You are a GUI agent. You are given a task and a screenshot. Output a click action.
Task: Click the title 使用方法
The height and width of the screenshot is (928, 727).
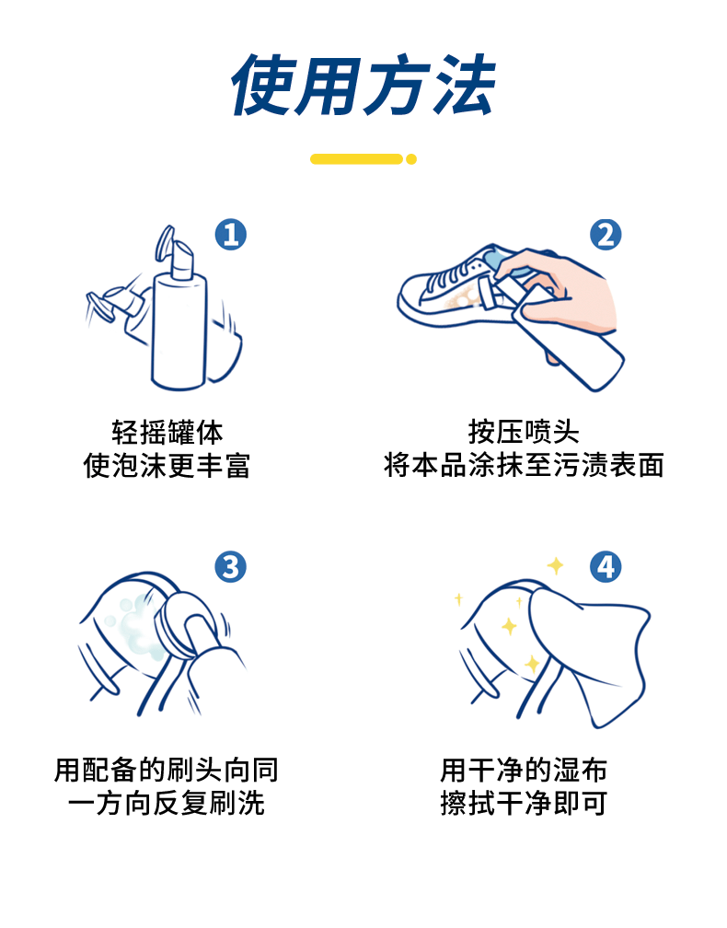coord(363,85)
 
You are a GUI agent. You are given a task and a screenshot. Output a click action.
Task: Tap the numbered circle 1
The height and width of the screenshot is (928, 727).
coord(230,235)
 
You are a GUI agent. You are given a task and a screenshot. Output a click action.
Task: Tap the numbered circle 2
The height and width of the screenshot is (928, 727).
coord(606,235)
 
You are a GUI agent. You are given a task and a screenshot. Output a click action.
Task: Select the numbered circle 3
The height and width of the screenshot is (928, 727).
coord(230,567)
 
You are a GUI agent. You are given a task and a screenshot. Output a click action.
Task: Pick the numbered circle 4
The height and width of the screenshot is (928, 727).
coord(606,567)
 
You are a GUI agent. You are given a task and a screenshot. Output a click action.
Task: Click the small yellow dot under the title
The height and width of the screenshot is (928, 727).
coord(411,159)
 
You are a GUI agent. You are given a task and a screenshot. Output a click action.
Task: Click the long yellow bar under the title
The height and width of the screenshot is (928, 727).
coord(356,159)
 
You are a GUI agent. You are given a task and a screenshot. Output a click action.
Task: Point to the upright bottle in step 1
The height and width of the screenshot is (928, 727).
coord(179,319)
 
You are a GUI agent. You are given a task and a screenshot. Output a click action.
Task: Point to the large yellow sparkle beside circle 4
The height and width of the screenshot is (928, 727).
coord(555,566)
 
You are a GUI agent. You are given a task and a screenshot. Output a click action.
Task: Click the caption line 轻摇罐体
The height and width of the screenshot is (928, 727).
coord(167,433)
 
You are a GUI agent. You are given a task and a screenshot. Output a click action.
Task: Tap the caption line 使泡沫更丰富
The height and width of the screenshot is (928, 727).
coord(167,466)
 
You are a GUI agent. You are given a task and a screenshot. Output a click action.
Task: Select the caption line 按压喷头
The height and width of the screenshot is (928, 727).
coord(524,433)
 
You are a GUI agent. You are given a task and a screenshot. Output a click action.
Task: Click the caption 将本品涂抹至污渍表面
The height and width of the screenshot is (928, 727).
coord(524,466)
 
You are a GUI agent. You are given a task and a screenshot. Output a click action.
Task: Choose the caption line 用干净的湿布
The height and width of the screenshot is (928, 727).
coord(524,771)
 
